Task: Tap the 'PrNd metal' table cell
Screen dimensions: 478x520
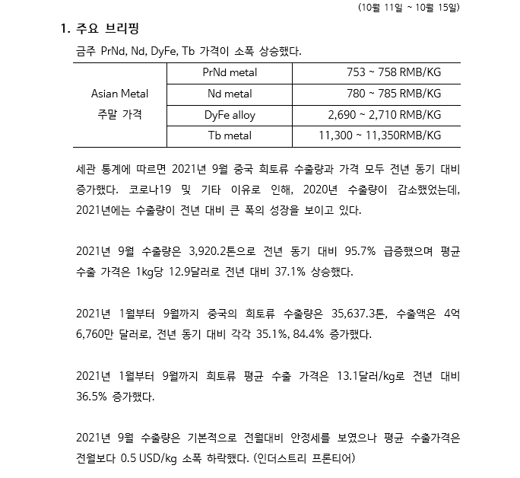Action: [x=230, y=73]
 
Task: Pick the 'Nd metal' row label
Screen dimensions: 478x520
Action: [x=230, y=94]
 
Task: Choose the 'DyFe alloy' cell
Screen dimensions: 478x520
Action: [x=230, y=116]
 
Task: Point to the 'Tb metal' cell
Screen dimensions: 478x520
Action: [x=230, y=136]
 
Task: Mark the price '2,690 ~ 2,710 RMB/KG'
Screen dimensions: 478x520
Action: [x=384, y=116]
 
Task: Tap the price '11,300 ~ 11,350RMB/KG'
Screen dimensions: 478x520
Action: [x=379, y=136]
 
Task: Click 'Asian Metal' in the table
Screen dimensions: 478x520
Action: [x=119, y=94]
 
